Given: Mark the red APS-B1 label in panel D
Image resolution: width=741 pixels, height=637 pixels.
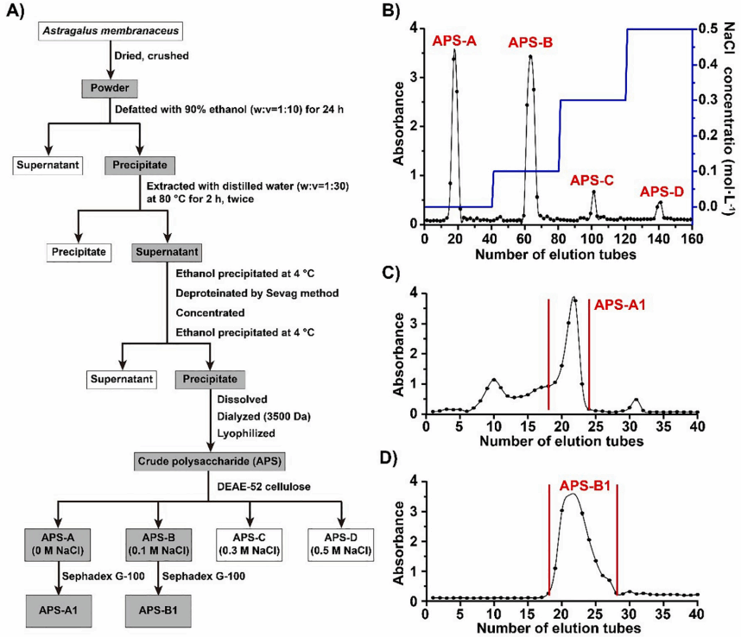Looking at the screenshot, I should point(585,487).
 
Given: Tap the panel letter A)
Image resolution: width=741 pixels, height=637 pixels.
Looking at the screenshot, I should point(16,12).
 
